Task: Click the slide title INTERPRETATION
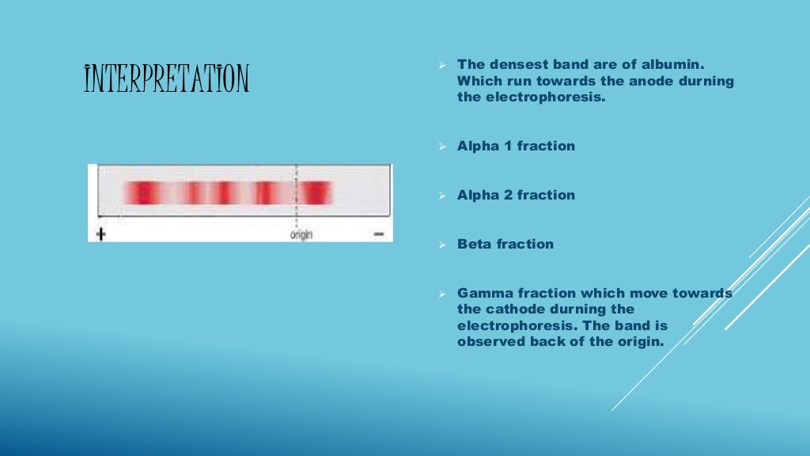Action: click(x=166, y=80)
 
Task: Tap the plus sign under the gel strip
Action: click(x=100, y=234)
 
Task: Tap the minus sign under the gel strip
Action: click(x=378, y=234)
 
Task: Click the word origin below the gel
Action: click(x=301, y=235)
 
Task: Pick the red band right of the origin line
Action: click(x=316, y=192)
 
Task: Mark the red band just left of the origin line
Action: click(x=265, y=192)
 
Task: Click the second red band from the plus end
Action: click(x=193, y=192)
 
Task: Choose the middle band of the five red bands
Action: click(x=224, y=192)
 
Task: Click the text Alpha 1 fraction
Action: click(x=516, y=146)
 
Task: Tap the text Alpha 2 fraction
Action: click(x=516, y=195)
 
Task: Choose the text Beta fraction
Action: click(x=505, y=244)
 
